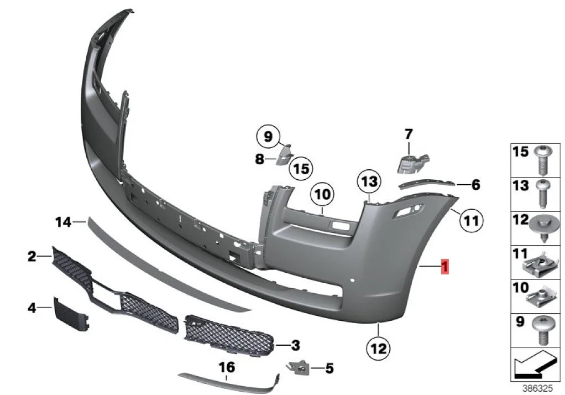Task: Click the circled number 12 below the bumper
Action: coord(379,349)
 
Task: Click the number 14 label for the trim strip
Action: coord(64,222)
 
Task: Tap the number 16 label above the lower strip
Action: coord(227,367)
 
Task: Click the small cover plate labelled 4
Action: coord(70,314)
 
